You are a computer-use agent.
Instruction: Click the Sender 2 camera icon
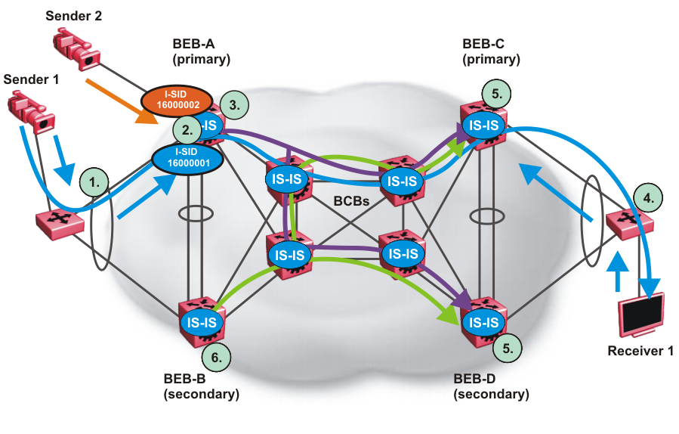pos(76,47)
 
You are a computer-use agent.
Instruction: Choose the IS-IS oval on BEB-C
pos(483,125)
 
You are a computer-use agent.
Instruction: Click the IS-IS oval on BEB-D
pos(483,322)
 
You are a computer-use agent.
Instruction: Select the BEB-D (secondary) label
pos(491,386)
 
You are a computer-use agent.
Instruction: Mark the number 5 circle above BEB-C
pos(495,94)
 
